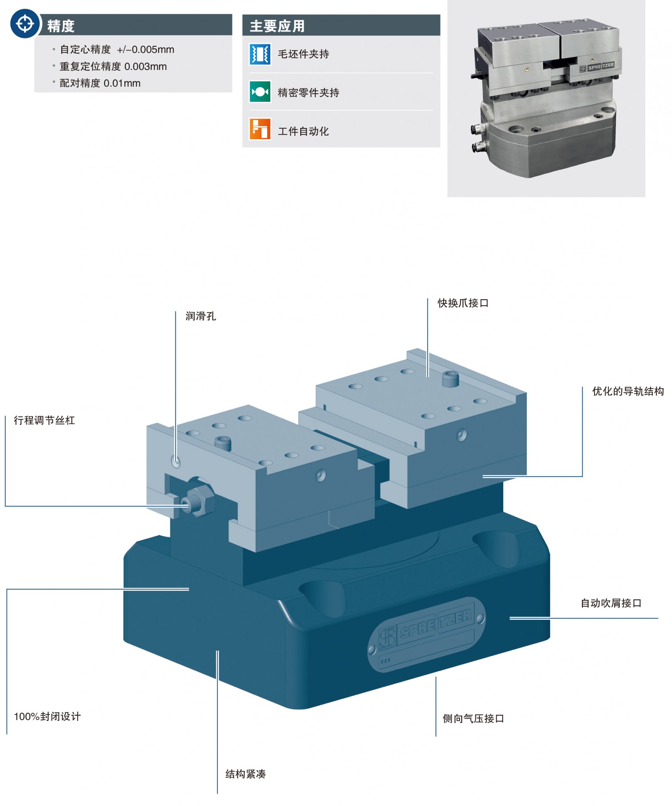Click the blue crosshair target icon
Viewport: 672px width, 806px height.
coord(25,24)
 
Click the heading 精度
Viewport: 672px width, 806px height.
coord(61,26)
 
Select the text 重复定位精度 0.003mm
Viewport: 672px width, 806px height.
coord(113,66)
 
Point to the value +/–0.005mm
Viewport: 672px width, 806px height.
coord(146,50)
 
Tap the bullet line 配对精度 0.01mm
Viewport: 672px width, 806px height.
coord(100,83)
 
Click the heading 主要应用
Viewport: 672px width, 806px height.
coord(277,26)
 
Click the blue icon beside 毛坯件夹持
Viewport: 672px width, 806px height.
coord(260,54)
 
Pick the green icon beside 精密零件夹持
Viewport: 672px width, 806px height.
coord(260,92)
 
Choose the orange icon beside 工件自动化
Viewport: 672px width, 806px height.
coord(260,129)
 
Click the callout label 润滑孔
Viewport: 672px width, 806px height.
coord(201,316)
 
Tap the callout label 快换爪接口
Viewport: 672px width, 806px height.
coord(463,303)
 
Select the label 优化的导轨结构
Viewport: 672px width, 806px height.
coord(628,391)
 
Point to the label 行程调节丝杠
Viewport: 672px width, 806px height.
coord(44,420)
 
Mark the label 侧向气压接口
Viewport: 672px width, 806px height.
coord(473,719)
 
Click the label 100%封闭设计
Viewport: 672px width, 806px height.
coord(47,716)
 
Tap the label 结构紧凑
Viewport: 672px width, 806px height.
coord(245,774)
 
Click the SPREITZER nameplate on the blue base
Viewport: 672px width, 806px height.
coord(426,633)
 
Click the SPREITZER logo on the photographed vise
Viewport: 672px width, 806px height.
coord(597,67)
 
